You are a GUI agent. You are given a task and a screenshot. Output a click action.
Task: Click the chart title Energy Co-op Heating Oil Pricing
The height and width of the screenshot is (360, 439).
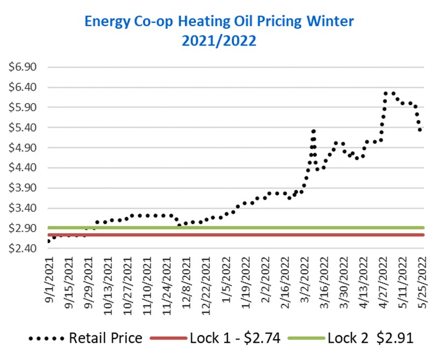coord(193,22)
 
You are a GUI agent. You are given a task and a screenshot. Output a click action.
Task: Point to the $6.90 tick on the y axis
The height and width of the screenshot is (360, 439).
coord(23,67)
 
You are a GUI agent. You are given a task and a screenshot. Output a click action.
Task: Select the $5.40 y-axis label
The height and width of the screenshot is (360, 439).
coord(23,128)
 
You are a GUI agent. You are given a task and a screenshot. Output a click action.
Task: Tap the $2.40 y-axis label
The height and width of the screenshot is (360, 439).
coord(23,248)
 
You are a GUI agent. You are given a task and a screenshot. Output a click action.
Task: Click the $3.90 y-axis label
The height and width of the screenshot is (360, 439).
coord(23,188)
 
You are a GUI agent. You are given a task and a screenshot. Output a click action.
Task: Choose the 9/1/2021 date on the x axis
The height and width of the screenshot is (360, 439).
coord(49,279)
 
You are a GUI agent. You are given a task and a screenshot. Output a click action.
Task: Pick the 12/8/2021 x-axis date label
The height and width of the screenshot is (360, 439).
coord(186,283)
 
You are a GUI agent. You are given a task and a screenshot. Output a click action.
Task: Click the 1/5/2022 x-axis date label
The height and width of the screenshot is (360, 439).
coord(226,279)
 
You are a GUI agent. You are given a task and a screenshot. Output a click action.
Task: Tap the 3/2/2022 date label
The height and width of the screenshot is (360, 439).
coord(304,279)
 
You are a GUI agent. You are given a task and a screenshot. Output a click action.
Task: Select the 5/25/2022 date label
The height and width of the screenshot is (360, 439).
coord(422,283)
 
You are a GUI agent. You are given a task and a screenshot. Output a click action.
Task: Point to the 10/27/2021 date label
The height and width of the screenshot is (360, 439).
coord(128,285)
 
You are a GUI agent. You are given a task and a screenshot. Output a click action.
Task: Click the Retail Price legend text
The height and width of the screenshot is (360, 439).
coord(105,338)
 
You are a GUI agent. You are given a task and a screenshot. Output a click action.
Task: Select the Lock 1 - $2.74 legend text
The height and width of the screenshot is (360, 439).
coord(235,338)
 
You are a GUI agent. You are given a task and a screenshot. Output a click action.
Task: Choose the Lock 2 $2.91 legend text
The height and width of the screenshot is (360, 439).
coord(370,338)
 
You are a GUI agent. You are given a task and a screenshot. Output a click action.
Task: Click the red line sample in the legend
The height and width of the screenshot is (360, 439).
coord(168,338)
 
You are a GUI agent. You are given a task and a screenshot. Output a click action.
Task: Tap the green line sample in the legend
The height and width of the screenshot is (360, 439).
coord(306,338)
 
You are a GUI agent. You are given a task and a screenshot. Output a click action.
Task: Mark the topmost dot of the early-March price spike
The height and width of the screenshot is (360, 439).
coord(314,131)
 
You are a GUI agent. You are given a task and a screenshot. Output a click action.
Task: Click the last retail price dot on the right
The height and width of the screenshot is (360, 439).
coord(420,129)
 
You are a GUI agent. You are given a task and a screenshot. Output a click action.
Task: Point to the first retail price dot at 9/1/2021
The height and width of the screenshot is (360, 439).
coord(49,241)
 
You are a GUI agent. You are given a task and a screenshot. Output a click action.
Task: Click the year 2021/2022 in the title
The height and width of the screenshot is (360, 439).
coord(219,41)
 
